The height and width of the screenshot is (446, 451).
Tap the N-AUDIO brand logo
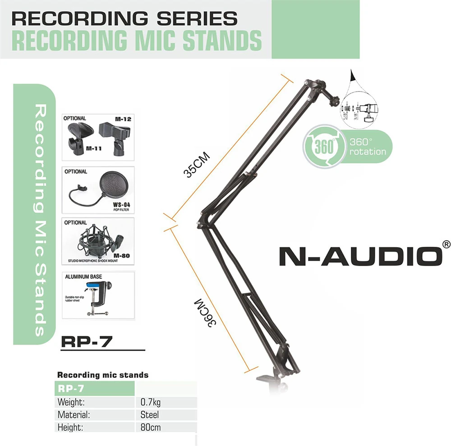pos(359,256)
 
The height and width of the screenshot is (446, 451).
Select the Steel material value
pos(150,414)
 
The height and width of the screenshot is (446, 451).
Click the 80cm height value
pos(151,427)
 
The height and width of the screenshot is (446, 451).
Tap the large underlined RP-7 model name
pos(86,341)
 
